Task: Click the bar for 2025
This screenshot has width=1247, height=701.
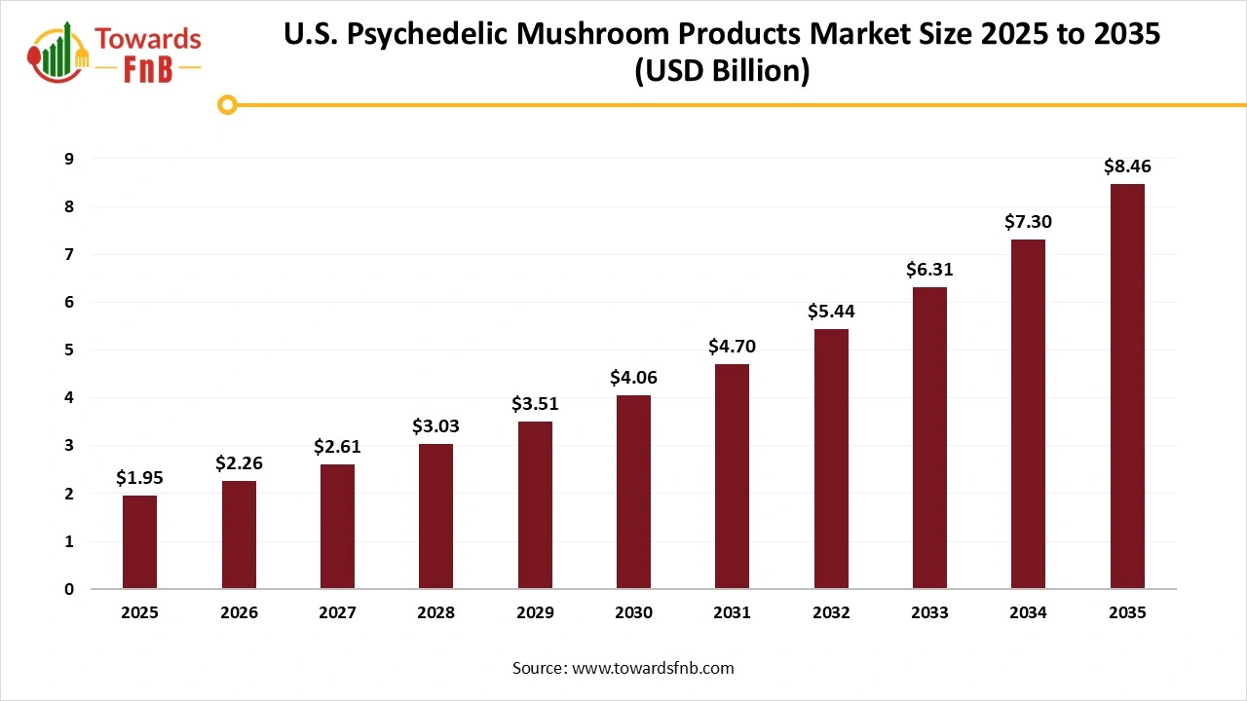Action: click(139, 542)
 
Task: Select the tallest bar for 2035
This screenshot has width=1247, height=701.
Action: click(1127, 387)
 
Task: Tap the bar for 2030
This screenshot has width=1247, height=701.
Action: click(633, 492)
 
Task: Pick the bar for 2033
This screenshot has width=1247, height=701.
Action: click(929, 438)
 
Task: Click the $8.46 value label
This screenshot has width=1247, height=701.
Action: click(1127, 166)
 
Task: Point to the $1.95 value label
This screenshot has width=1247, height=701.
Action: click(139, 478)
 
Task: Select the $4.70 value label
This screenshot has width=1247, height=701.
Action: click(732, 346)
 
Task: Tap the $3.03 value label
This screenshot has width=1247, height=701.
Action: click(435, 426)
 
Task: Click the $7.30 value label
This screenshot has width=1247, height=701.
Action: click(1028, 222)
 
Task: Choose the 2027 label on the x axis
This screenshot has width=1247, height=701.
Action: click(337, 613)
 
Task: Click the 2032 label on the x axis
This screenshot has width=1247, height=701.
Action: click(831, 613)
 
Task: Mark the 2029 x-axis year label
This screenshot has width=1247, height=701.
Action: click(535, 613)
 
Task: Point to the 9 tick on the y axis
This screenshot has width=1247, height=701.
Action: click(68, 159)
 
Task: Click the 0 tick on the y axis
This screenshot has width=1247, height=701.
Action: click(68, 589)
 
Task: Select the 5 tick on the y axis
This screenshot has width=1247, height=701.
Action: click(68, 350)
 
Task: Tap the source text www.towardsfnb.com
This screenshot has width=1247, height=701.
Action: click(652, 668)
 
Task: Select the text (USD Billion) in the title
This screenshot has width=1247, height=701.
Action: click(722, 72)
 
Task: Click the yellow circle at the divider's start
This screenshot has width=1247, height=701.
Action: click(227, 105)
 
